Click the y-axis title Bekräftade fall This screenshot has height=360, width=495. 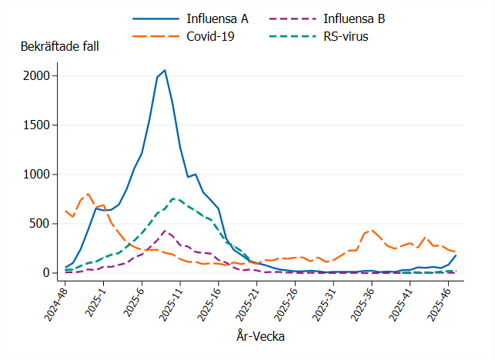[x=59, y=45]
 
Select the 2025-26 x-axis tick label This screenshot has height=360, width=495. [x=283, y=302]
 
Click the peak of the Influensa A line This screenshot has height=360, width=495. [x=165, y=70]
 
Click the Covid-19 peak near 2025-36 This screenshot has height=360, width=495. [x=373, y=229]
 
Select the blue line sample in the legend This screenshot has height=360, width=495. [x=157, y=18]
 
